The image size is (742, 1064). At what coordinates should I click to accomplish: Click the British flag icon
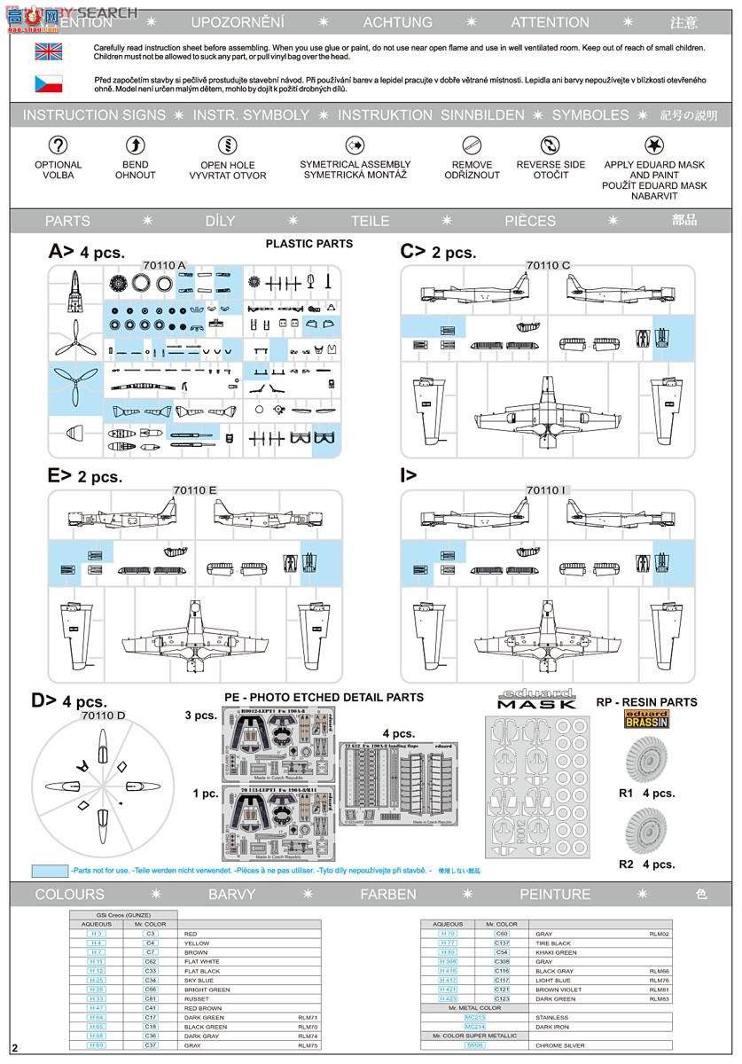point(48,51)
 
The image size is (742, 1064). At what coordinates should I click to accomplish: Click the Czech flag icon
point(48,84)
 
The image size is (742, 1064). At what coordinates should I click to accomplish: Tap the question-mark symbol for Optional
point(58,145)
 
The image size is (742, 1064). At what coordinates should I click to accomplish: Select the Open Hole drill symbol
point(228,145)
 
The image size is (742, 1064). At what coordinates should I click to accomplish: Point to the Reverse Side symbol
point(551,145)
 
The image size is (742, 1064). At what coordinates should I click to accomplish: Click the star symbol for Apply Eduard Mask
point(655,145)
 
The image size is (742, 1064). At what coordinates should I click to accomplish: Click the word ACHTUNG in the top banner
point(398,22)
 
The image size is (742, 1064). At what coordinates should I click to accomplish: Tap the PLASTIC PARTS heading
point(309,244)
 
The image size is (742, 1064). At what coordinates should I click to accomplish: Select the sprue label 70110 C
point(548,265)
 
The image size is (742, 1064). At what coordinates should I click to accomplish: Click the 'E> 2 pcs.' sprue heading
point(85,476)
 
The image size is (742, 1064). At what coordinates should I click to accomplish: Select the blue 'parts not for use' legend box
point(50,871)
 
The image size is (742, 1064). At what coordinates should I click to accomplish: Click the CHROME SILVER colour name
point(558,1045)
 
